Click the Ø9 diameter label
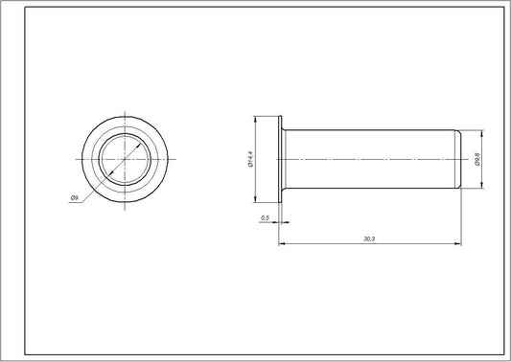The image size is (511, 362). (x=74, y=197)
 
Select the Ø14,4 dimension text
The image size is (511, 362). (x=248, y=159)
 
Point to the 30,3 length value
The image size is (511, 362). (x=369, y=238)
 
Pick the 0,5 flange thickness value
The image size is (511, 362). (x=265, y=219)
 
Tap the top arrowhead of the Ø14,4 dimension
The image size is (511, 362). (x=255, y=120)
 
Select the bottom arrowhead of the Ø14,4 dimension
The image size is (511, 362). (x=255, y=199)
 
